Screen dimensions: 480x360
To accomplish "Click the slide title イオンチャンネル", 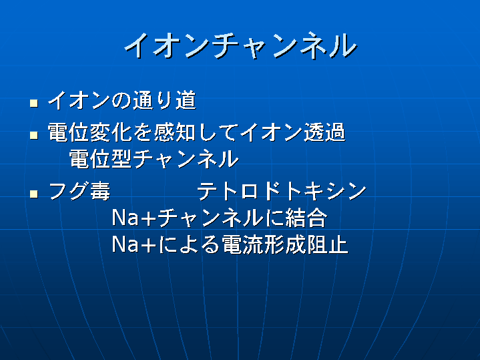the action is (240, 45).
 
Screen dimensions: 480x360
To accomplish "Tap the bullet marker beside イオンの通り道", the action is (34, 104).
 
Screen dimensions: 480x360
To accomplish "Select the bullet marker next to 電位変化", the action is (34, 135).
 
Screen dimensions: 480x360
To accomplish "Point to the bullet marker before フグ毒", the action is (34, 194).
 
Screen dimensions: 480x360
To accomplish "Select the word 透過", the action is (324, 132).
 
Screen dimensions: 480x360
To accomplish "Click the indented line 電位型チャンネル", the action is (154, 159).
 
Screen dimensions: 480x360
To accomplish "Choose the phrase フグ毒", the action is (79, 191).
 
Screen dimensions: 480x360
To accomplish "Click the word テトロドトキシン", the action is (282, 191).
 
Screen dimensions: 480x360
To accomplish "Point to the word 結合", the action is (306, 218).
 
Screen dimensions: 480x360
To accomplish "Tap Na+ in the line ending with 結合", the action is (135, 218).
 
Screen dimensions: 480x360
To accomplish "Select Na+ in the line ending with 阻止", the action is (135, 244).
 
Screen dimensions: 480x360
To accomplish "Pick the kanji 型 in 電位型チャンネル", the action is (122, 159).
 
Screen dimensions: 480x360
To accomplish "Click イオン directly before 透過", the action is (271, 132).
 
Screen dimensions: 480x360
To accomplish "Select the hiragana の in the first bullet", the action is (122, 100).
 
